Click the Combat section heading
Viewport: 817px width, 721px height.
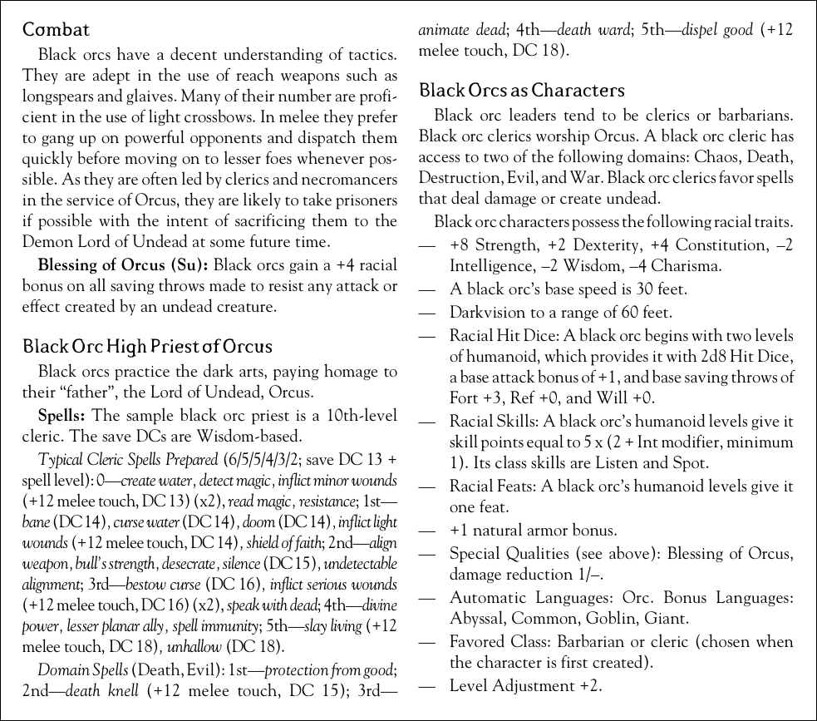(56, 31)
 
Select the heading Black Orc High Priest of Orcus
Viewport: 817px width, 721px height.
(147, 346)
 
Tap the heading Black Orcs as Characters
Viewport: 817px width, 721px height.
(522, 90)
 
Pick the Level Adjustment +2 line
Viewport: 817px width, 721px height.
(525, 685)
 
